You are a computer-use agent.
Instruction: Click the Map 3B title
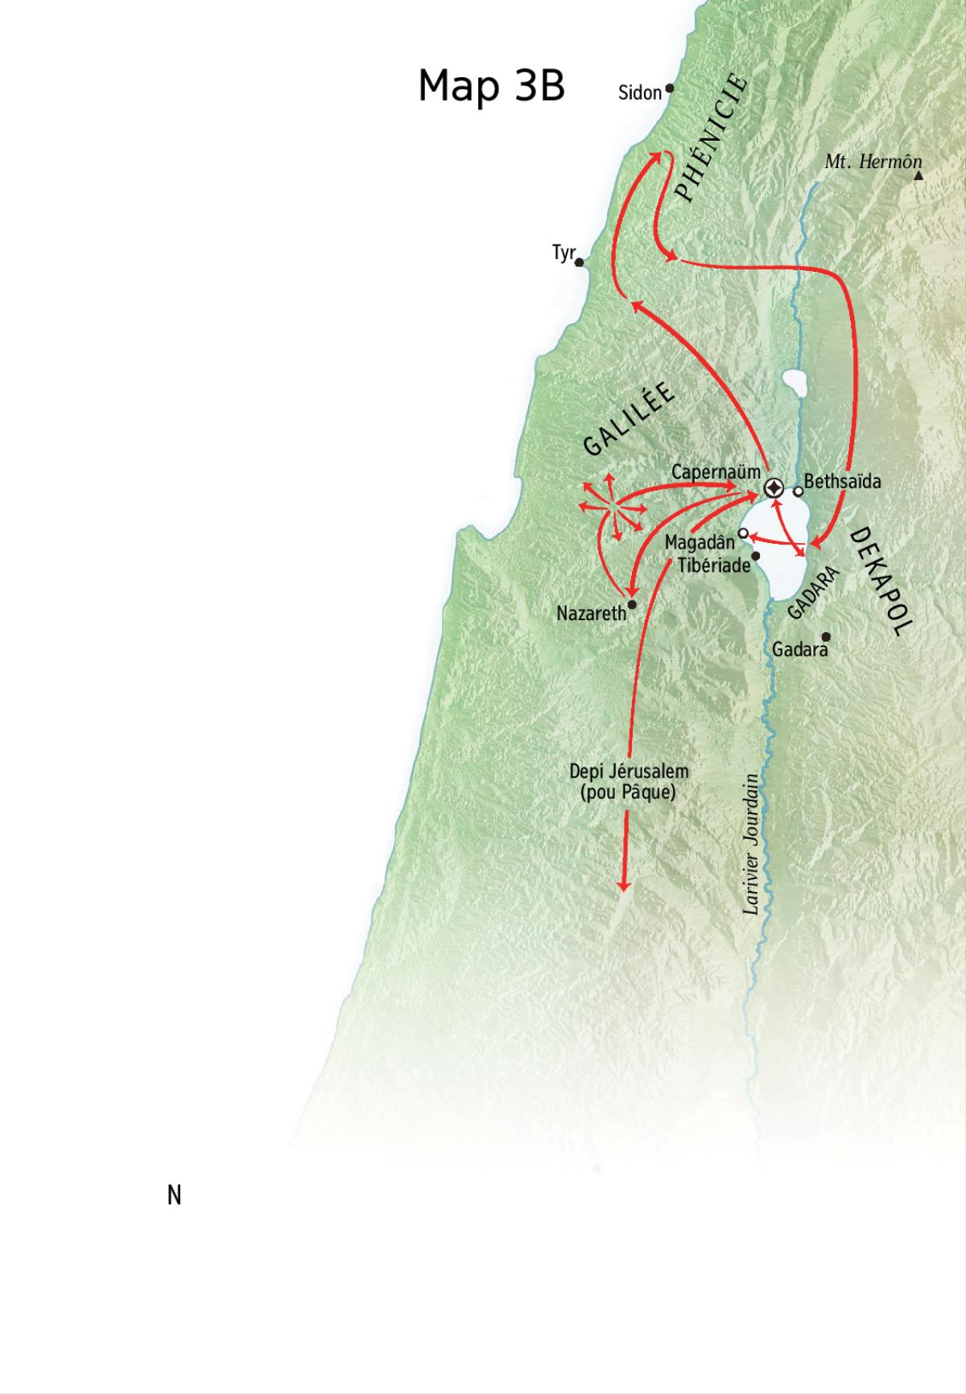click(491, 85)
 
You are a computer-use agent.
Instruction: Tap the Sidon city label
click(639, 93)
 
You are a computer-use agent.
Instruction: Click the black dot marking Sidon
click(669, 88)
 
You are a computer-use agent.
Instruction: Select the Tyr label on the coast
click(563, 253)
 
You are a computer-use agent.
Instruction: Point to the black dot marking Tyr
click(580, 262)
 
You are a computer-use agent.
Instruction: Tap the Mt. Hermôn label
click(873, 162)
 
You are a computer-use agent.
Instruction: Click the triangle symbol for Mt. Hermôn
click(919, 175)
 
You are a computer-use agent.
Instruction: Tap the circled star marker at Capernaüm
click(774, 487)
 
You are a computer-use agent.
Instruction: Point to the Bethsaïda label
click(842, 482)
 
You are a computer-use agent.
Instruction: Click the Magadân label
click(700, 543)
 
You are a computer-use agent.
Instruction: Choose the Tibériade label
click(714, 565)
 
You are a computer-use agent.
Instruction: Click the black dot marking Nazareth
click(632, 604)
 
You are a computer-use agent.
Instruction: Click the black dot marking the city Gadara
click(825, 636)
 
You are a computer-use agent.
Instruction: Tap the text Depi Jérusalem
click(629, 771)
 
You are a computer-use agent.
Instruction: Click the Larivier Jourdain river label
click(752, 845)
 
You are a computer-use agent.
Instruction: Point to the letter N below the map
click(174, 1196)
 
